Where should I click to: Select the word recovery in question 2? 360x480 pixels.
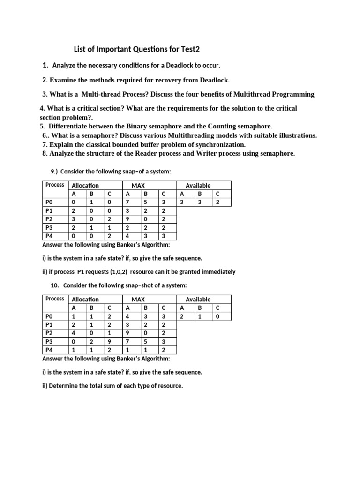coord(153,80)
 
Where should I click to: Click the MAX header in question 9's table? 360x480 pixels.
coord(138,186)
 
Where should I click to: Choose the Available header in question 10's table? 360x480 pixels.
coord(198,300)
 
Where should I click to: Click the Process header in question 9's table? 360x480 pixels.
coord(55,185)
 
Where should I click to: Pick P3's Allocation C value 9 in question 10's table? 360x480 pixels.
coord(109,342)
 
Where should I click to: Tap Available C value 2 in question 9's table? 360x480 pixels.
coord(217,202)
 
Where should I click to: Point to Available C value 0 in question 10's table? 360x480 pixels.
coord(217,316)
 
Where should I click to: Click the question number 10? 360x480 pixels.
coord(54,285)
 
